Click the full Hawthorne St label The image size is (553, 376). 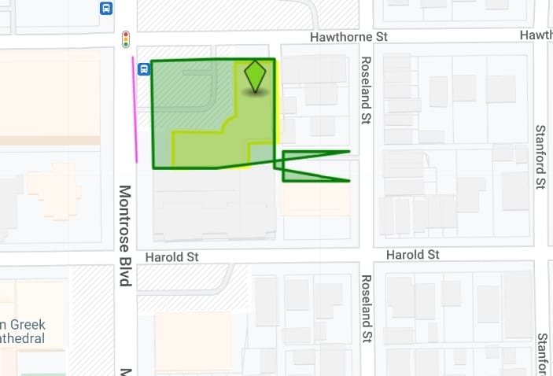coord(348,37)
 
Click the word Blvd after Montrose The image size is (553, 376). coord(124,271)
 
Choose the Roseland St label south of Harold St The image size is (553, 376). coord(365,308)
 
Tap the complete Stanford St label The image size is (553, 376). coord(540,157)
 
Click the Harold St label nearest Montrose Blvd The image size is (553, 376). coord(172,257)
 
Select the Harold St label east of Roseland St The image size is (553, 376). coord(412,255)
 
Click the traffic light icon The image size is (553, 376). coord(125,39)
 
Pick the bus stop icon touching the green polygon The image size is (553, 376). coord(144,69)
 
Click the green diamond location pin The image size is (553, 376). coord(255,77)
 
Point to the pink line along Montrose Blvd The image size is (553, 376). coord(135,110)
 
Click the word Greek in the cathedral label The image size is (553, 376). coord(28,325)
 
